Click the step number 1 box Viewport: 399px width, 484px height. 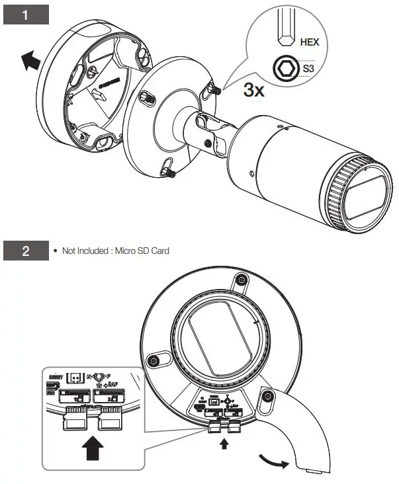[x=26, y=15]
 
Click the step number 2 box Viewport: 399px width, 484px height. [x=26, y=251]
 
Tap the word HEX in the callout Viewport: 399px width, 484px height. [x=309, y=42]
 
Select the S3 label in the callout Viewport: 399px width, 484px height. [x=308, y=67]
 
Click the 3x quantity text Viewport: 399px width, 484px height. [x=253, y=90]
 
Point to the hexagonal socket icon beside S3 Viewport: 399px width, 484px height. [x=285, y=67]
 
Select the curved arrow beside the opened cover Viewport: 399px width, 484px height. [x=272, y=460]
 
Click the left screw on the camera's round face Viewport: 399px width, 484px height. [x=153, y=360]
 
